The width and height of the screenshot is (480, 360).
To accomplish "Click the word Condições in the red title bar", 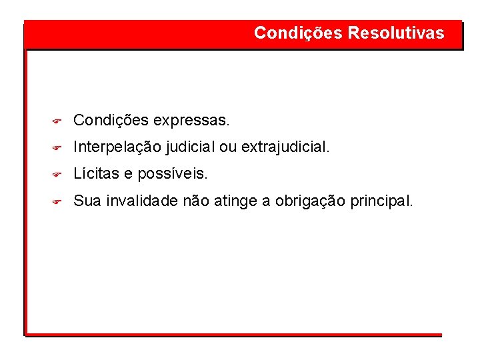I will [299, 33].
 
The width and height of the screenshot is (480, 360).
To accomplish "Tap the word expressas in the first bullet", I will [191, 121].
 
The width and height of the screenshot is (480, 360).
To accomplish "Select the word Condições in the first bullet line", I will [111, 121].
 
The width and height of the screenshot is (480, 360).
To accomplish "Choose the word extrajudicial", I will [285, 147].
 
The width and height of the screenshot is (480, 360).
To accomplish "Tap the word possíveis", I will [173, 174].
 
